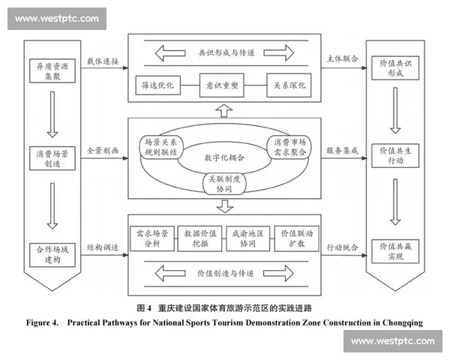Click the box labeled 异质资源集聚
52,71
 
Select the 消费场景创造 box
52,158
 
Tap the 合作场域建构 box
52,255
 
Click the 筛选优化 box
158,85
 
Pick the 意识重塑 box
222,85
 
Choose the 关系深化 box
289,85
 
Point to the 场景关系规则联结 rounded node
160,147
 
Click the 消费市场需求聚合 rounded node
289,147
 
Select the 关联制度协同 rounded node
224,184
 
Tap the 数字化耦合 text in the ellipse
224,157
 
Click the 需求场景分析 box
152,238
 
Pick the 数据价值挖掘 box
200,238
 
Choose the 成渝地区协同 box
248,238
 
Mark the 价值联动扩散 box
297,238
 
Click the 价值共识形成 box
395,68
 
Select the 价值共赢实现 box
395,251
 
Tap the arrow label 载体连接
103,61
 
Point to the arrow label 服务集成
342,151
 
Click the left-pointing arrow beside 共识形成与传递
170,53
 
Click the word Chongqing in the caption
402,323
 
